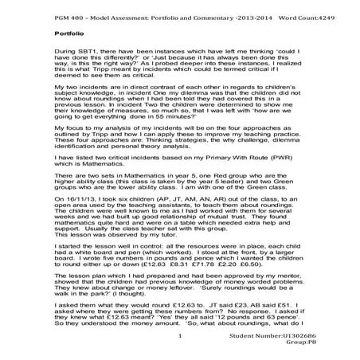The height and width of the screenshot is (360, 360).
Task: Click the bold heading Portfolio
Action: [68, 34]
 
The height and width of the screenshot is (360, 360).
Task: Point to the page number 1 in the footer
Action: [182, 336]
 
